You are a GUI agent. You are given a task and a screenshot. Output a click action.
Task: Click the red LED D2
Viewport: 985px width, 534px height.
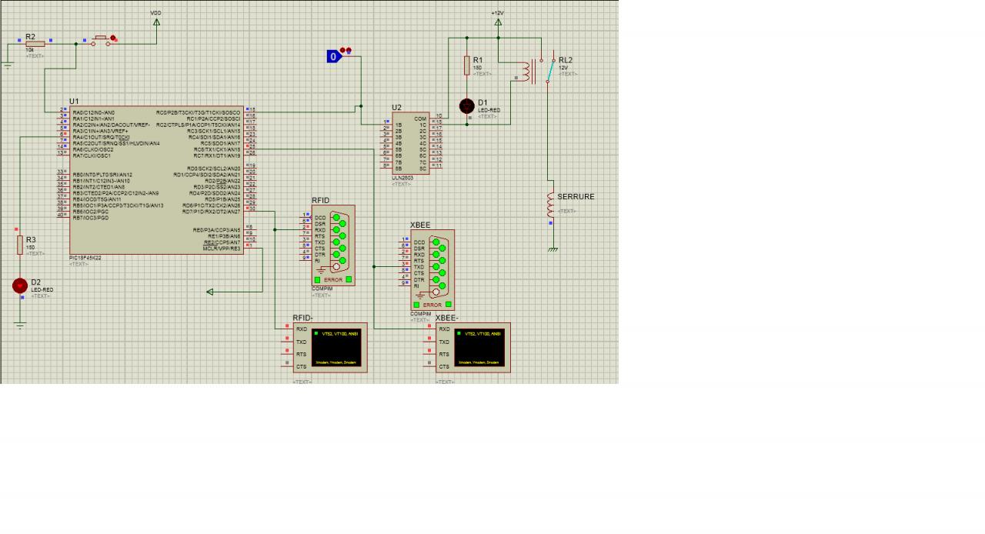pos(20,285)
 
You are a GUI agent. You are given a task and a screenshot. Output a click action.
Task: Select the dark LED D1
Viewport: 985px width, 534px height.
pos(467,106)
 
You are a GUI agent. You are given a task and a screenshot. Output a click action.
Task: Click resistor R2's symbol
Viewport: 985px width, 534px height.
pos(35,43)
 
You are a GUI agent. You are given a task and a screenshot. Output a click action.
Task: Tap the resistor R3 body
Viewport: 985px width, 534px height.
pos(20,245)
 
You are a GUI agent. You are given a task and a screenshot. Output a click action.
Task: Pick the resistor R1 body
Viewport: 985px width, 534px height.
pos(467,65)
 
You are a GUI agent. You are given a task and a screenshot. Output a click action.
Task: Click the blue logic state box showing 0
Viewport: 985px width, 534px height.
pos(333,56)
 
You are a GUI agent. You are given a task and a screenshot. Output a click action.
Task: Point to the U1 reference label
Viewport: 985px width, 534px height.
pos(74,102)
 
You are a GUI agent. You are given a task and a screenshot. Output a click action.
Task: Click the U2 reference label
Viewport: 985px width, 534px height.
pos(396,108)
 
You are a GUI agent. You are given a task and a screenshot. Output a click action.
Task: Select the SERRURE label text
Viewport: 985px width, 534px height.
pos(576,197)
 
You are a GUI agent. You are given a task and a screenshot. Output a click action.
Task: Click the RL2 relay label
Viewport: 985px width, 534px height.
pos(566,60)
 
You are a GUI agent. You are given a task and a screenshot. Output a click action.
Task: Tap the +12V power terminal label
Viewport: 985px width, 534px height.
pos(497,13)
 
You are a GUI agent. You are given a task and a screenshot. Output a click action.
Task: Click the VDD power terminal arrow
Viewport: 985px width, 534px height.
pos(157,22)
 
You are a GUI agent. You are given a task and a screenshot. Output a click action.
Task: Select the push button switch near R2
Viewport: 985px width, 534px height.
pos(101,39)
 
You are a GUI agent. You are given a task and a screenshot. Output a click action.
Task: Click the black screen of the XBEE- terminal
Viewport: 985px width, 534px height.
pos(478,348)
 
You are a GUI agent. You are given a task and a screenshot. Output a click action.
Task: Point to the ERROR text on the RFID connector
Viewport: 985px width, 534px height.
pos(333,280)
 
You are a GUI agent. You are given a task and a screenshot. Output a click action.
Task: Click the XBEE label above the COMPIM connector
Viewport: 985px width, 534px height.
pos(420,225)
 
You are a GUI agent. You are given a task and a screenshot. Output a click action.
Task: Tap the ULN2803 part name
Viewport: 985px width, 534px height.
pos(402,179)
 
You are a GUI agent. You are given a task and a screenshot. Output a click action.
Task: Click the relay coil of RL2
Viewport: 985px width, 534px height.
pos(527,72)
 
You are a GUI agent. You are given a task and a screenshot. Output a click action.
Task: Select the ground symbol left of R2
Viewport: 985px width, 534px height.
pos(8,65)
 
